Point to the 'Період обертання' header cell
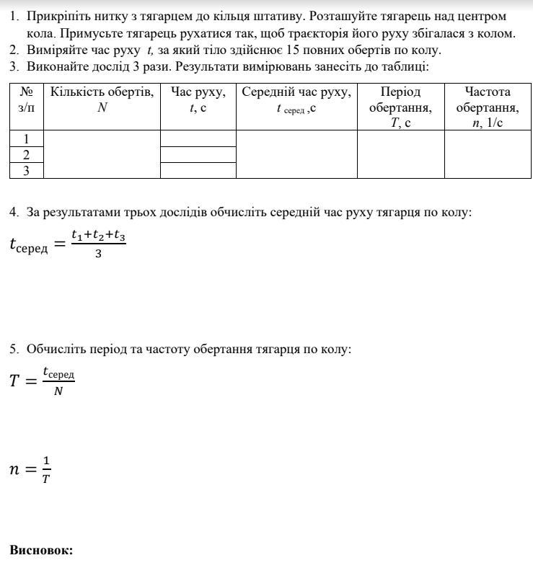click(400, 107)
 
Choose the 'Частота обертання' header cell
click(488, 107)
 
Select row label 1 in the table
click(27, 138)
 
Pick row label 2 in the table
click(27, 154)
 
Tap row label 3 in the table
click(27, 170)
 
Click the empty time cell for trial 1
click(198, 138)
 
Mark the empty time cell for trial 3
click(198, 170)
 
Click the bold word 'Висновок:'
click(41, 550)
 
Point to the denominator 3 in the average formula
click(98, 253)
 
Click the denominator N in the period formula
click(58, 391)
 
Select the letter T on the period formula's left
click(15, 381)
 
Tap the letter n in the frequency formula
click(14, 469)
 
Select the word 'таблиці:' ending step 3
click(406, 66)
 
